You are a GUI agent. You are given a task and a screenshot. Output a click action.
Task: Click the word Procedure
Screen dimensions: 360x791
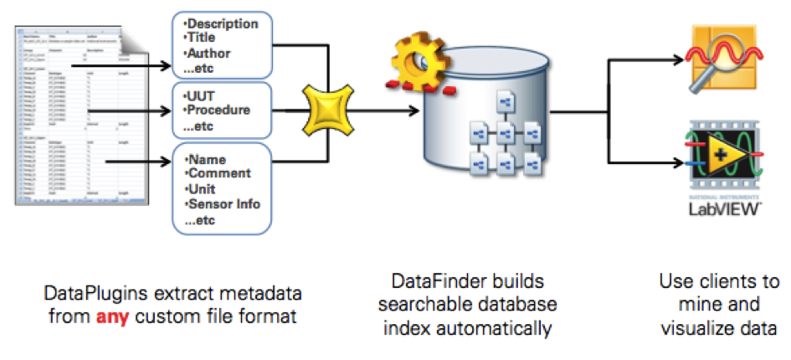tap(219, 111)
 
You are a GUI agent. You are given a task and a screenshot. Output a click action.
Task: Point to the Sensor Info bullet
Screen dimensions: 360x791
tap(224, 203)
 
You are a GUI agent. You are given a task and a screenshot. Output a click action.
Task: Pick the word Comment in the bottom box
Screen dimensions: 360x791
tap(219, 173)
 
